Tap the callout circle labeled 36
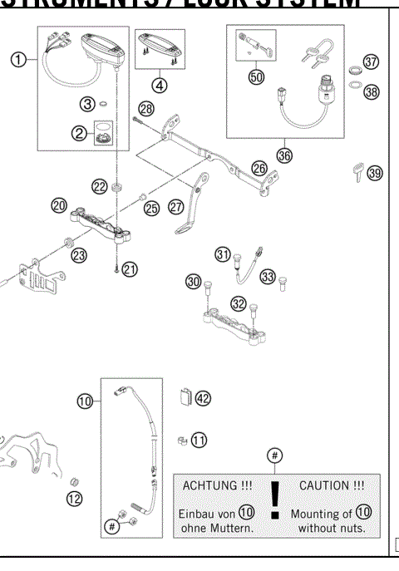click(285, 154)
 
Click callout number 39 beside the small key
click(375, 173)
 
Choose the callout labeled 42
click(203, 398)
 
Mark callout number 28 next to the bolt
click(146, 110)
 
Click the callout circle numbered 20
click(58, 204)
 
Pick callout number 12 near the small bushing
click(75, 499)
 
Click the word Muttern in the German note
click(232, 529)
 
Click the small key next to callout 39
click(354, 173)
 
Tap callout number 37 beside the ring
click(371, 62)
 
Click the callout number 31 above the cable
click(223, 254)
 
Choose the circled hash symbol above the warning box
click(275, 455)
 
